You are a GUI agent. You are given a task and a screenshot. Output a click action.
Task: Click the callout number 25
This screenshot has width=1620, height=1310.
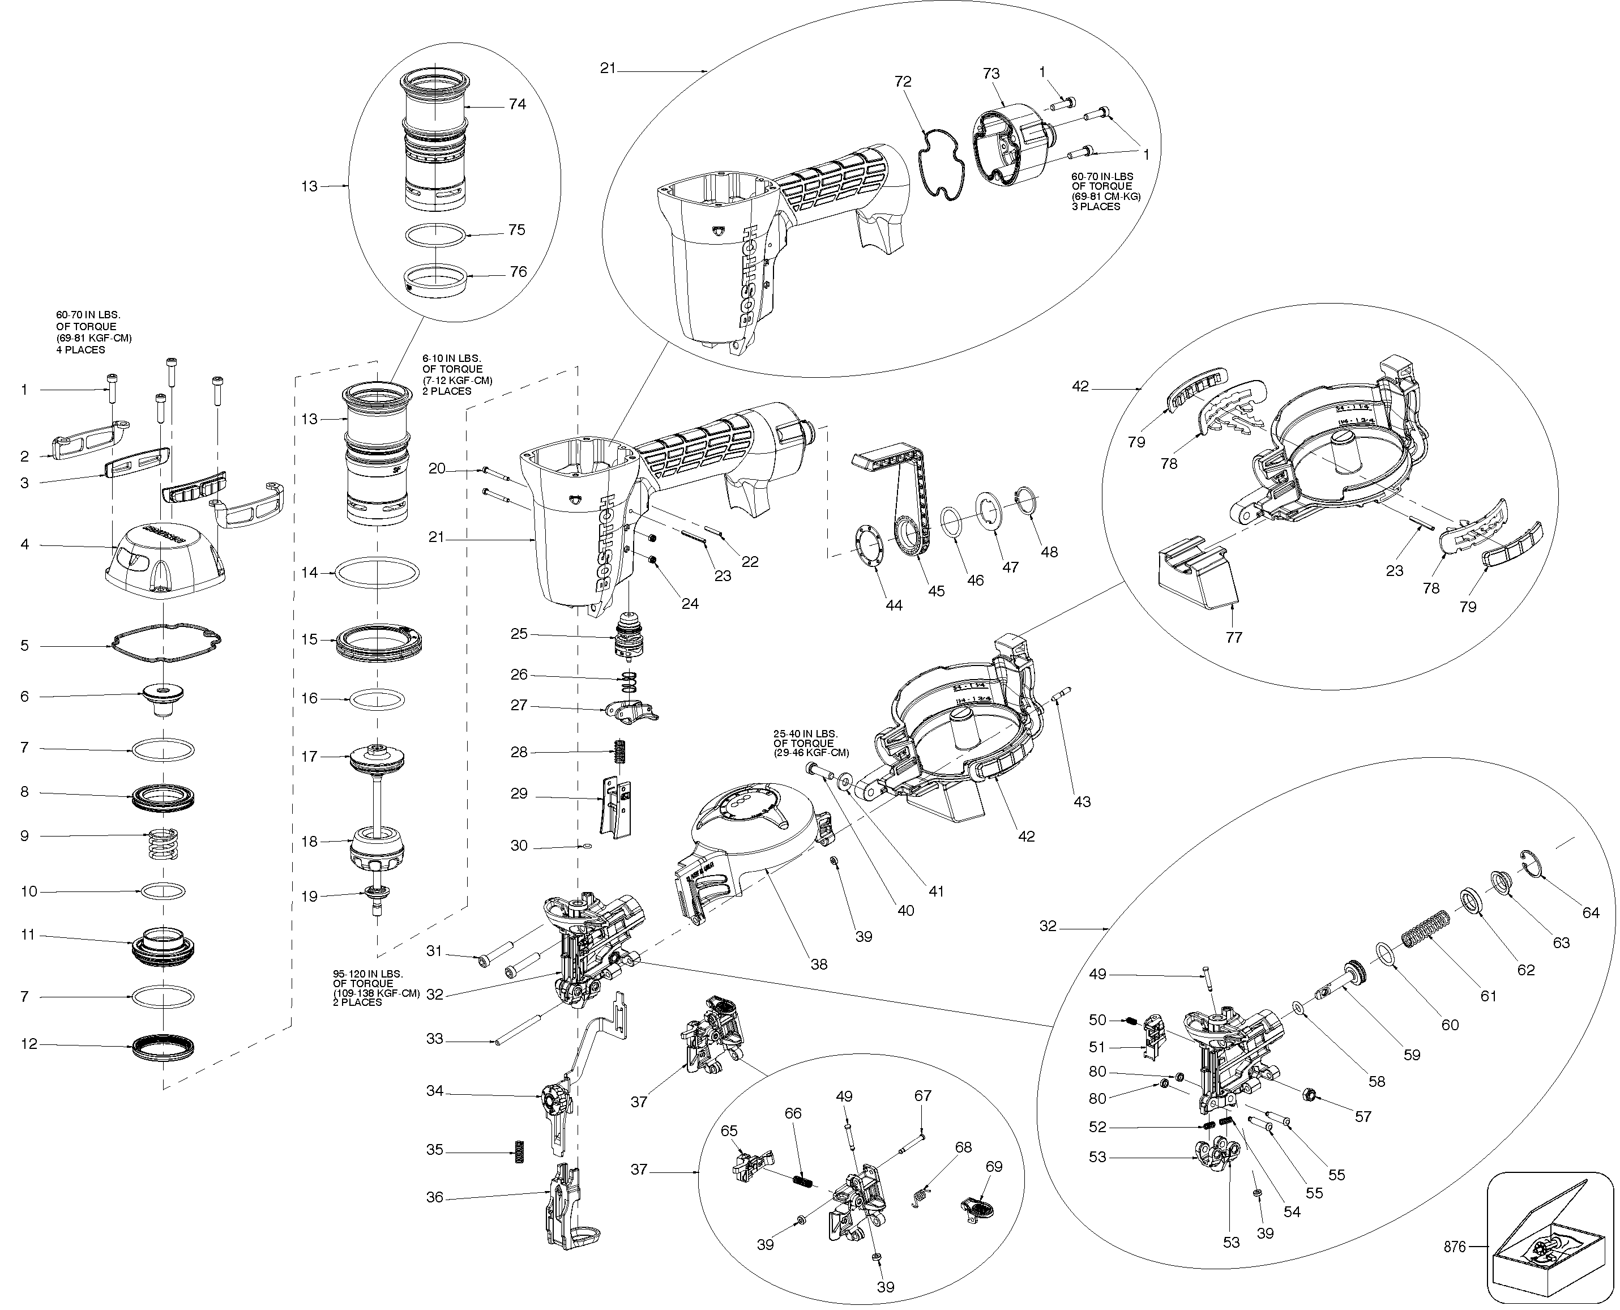point(519,634)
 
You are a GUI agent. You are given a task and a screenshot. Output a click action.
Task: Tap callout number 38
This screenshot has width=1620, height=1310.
point(819,965)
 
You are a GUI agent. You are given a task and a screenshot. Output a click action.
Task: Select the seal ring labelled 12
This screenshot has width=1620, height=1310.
point(164,1047)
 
